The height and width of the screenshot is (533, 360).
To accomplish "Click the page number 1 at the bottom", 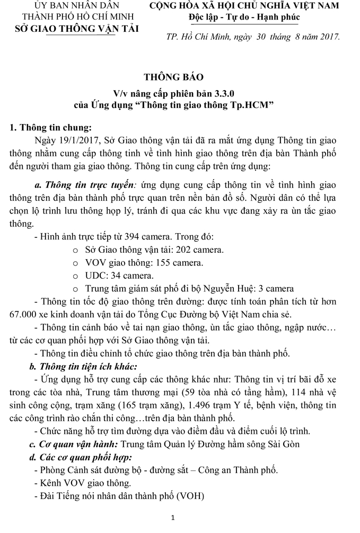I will [180, 517].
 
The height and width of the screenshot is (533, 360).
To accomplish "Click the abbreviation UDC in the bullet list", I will [95, 276].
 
